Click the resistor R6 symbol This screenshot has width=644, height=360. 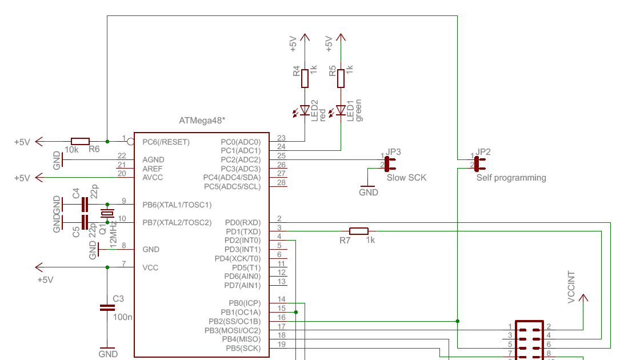point(80,141)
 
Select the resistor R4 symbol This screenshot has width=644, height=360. point(305,78)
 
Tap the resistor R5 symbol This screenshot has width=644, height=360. point(341,78)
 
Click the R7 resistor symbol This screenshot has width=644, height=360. point(359,231)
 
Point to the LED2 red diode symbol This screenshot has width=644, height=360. point(305,110)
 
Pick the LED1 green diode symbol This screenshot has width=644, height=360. point(341,110)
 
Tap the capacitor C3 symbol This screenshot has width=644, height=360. point(107,307)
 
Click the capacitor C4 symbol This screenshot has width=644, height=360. point(85,205)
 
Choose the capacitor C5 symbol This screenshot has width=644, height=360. point(85,222)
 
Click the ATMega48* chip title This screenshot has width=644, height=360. point(202,121)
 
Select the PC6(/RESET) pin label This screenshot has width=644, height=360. point(166,142)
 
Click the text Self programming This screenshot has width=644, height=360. point(511,178)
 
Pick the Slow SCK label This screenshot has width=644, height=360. point(406,178)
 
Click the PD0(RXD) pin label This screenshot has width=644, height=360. point(242,222)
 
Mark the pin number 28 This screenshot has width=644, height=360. point(281,182)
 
